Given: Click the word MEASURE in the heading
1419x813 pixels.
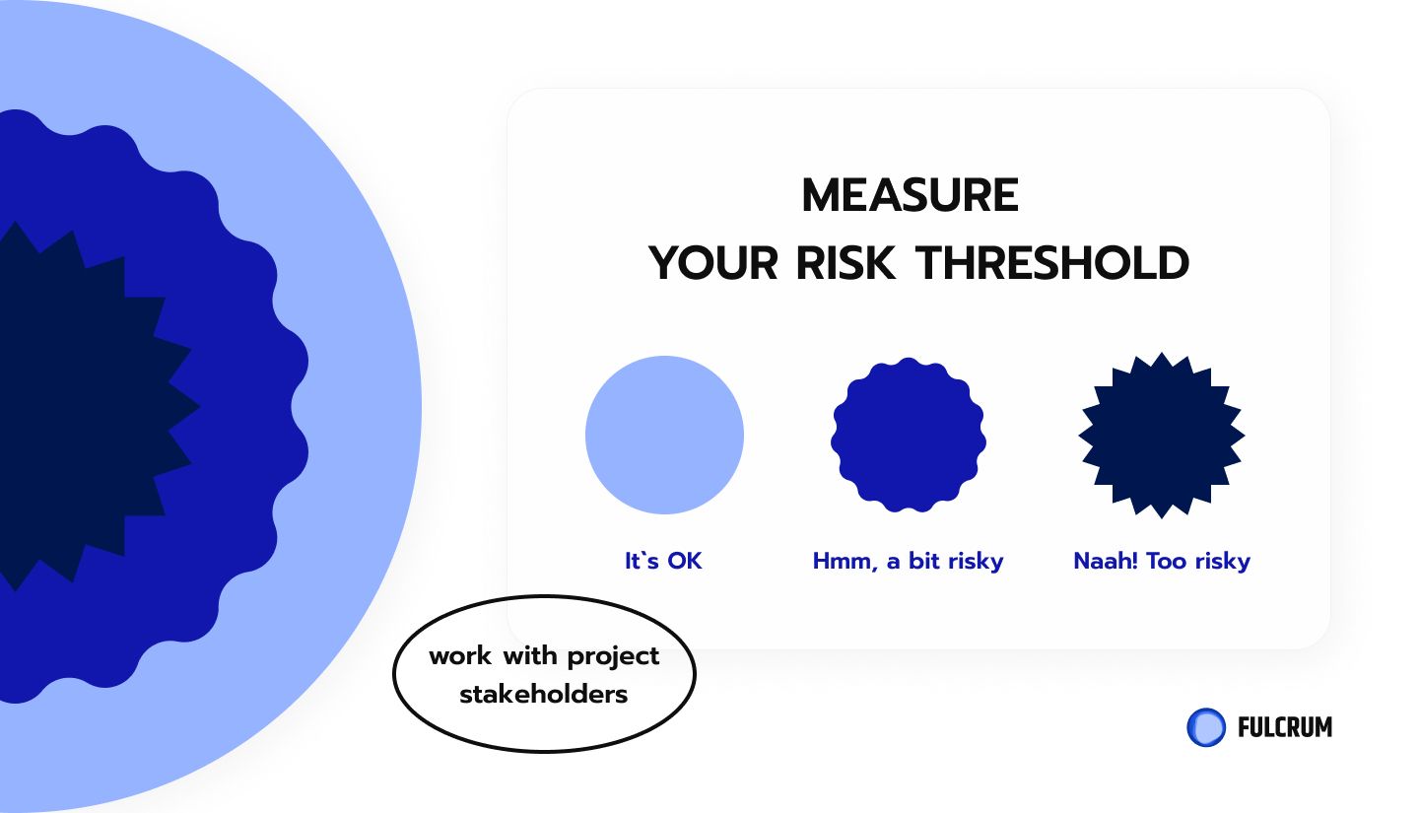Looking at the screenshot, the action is [x=910, y=195].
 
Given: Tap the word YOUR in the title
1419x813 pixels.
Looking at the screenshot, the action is [x=713, y=263].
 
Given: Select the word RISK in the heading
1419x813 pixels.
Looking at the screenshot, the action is [x=845, y=263].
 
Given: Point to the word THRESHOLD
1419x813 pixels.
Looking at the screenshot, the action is [x=1052, y=263].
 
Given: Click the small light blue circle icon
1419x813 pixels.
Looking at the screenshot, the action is [x=664, y=435].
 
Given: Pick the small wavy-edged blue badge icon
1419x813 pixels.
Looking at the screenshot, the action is [x=908, y=435].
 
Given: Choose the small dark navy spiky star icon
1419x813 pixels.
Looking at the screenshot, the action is [x=1162, y=435].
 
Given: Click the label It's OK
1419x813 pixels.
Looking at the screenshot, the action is [x=663, y=561].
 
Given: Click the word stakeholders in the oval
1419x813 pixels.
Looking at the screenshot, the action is [x=544, y=695].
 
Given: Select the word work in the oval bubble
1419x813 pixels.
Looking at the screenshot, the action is [x=460, y=656].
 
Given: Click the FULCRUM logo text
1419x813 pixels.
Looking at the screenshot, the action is [x=1285, y=727].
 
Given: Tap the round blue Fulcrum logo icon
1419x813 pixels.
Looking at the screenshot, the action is [x=1206, y=727].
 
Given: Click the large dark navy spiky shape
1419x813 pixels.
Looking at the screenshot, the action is [x=83, y=406].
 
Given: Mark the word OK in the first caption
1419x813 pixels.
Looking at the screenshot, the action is [x=685, y=561].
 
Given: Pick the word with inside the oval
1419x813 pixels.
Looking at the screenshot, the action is [x=529, y=656].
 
